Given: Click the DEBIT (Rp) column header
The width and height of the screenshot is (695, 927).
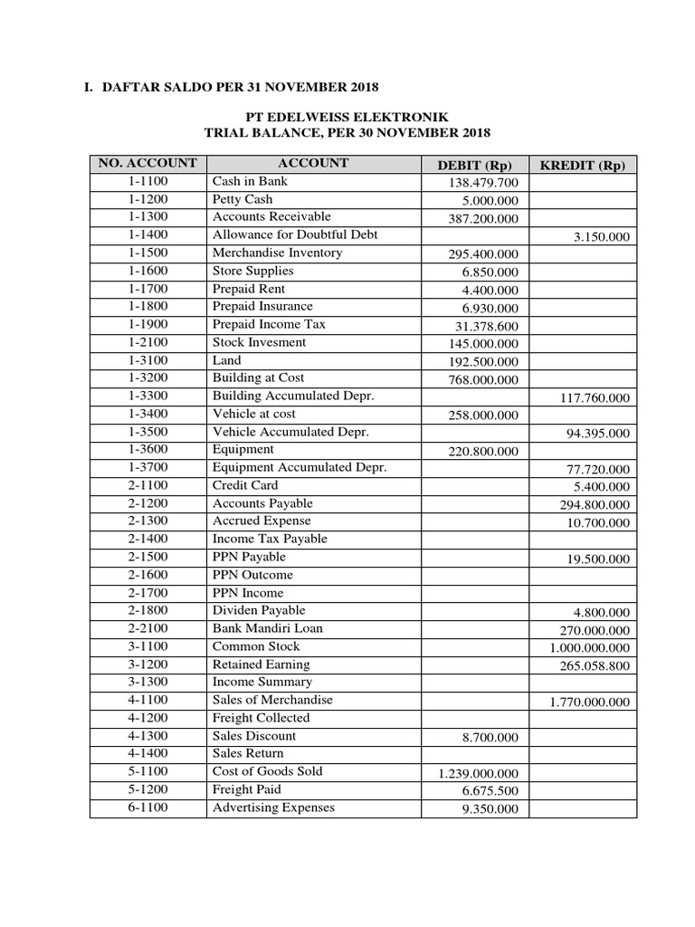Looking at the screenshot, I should pyautogui.click(x=475, y=165).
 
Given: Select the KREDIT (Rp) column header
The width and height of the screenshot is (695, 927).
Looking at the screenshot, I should pyautogui.click(x=582, y=165).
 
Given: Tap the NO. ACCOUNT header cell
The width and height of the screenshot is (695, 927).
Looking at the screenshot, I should pyautogui.click(x=148, y=163).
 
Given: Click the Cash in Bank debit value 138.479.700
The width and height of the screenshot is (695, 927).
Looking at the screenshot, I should pyautogui.click(x=479, y=183).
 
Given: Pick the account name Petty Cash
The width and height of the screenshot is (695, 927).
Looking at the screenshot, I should pyautogui.click(x=242, y=199).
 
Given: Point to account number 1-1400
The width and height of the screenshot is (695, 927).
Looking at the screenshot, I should pyautogui.click(x=148, y=234).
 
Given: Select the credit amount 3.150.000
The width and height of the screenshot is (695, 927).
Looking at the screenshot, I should pyautogui.click(x=601, y=236).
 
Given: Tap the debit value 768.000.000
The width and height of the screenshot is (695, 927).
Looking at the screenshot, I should pyautogui.click(x=479, y=379).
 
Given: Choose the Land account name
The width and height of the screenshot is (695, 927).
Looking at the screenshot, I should pyautogui.click(x=226, y=359).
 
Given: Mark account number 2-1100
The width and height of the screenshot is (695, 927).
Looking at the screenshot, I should pyautogui.click(x=148, y=485).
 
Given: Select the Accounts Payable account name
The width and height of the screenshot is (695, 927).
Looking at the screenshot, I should pyautogui.click(x=262, y=502).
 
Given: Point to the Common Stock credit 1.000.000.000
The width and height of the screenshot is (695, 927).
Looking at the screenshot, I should pyautogui.click(x=589, y=648).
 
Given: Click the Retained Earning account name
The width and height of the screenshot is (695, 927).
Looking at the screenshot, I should pyautogui.click(x=261, y=664).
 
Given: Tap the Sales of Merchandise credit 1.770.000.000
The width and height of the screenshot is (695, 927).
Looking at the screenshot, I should pyautogui.click(x=589, y=702).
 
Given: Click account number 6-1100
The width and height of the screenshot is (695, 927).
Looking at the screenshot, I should pyautogui.click(x=148, y=807).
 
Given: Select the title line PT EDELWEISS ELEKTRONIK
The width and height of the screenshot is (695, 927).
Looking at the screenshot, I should pyautogui.click(x=347, y=116).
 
